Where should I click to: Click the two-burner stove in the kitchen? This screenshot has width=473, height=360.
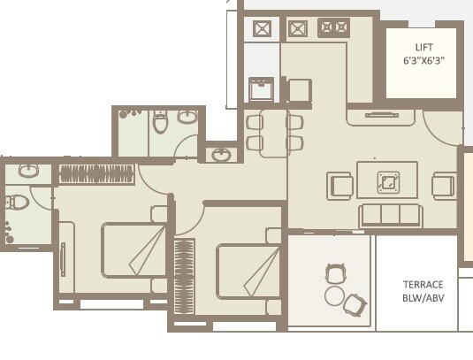[x=334, y=27]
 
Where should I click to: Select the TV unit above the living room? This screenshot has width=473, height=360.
[x=382, y=114]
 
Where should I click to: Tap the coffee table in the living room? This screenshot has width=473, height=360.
[x=387, y=180]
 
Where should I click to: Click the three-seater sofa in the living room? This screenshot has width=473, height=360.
[x=390, y=215]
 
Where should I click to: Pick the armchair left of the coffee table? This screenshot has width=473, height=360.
[x=339, y=185]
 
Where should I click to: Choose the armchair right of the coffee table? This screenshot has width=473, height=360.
[x=444, y=185]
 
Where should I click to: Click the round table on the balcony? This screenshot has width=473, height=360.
[x=334, y=295]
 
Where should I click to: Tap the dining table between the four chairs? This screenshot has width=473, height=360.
[x=275, y=133]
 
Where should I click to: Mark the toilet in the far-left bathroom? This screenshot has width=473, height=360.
[x=17, y=203]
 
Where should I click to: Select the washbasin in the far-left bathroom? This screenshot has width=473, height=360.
[x=27, y=170]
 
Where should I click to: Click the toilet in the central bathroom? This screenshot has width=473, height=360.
[x=160, y=122]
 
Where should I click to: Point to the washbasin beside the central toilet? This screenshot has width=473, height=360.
[x=187, y=117]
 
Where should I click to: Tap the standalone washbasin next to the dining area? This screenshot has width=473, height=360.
[x=221, y=154]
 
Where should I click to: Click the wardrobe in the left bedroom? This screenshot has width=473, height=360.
[x=95, y=173]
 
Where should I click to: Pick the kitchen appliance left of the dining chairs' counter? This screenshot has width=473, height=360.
[x=261, y=89]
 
